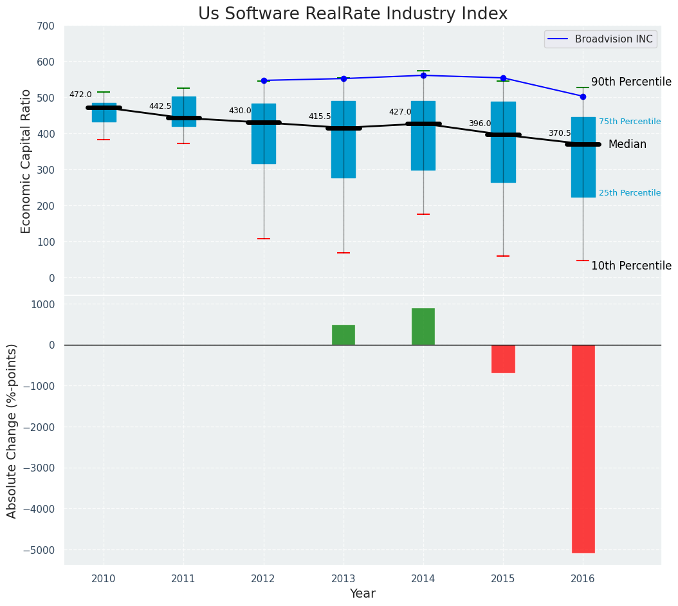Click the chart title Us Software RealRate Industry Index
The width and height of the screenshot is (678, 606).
click(353, 14)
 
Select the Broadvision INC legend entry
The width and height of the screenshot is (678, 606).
click(613, 39)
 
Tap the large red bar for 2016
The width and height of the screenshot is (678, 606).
click(583, 448)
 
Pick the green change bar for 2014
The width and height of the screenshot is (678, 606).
click(423, 326)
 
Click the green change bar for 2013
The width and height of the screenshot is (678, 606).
click(344, 335)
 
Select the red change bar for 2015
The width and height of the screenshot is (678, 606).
click(503, 358)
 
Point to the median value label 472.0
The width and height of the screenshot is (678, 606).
click(80, 95)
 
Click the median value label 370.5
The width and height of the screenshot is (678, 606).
click(560, 133)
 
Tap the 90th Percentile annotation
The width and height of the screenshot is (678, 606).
click(631, 82)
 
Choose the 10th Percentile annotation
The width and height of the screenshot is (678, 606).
click(631, 266)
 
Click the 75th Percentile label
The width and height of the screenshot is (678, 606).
click(629, 122)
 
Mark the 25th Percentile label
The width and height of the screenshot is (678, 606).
click(629, 193)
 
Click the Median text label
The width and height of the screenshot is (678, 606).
click(627, 145)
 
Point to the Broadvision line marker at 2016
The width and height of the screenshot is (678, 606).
click(583, 96)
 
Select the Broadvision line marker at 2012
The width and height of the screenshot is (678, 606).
click(264, 80)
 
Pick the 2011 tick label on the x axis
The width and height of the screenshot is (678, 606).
click(183, 579)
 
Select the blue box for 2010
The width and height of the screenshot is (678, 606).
click(104, 113)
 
